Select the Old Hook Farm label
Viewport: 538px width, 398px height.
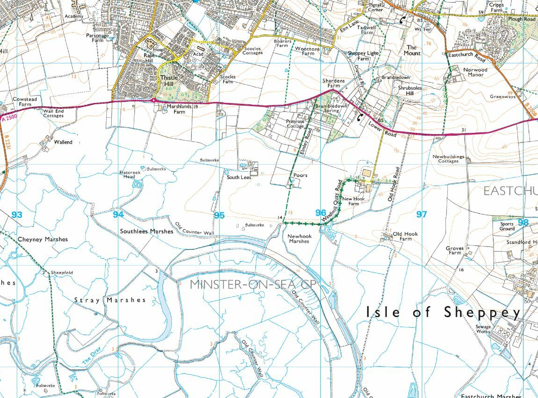pos(403,236)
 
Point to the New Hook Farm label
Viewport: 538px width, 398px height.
pos(353,201)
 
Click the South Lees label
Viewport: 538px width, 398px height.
pos(239,177)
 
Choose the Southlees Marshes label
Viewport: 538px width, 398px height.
pos(146,231)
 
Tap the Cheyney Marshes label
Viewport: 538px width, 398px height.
pos(43,239)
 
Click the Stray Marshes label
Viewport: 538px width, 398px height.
pos(110,300)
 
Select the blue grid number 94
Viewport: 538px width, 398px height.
pos(118,214)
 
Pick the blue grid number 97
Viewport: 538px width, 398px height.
pos(422,214)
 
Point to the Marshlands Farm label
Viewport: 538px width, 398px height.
pos(179,109)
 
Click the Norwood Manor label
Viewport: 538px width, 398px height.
pos(475,72)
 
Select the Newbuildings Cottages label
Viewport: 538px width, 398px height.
pos(448,159)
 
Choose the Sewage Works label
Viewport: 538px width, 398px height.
pos(483,329)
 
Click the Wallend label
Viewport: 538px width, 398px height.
pos(63,142)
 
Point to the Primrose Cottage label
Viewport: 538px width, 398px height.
pos(295,123)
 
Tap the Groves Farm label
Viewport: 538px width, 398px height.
pos(454,251)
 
